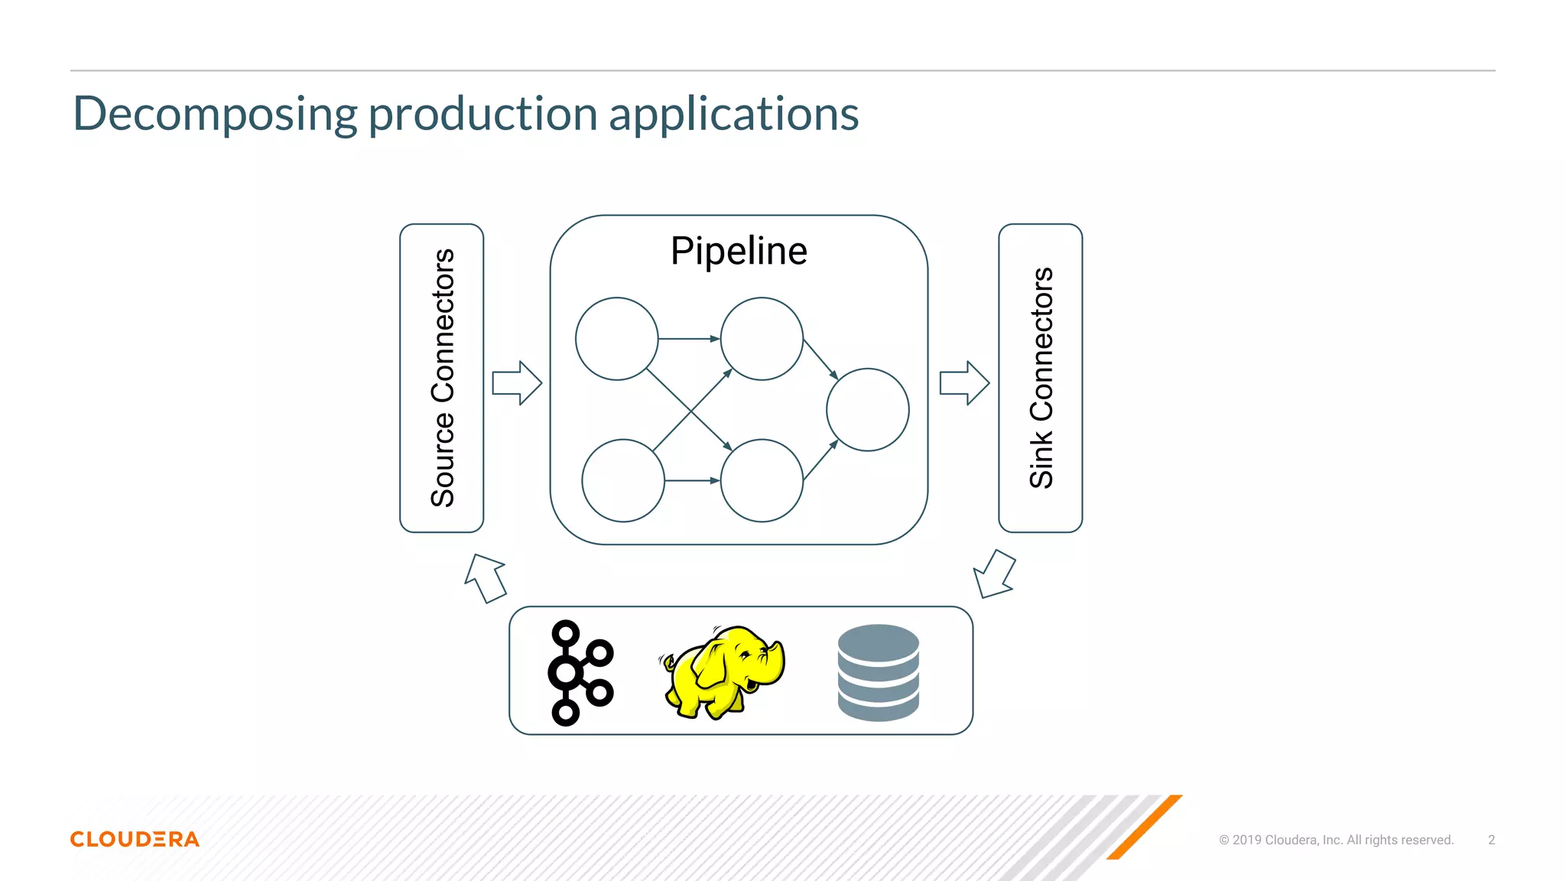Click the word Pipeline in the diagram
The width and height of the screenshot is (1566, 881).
(739, 252)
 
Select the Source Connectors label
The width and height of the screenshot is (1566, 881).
(443, 378)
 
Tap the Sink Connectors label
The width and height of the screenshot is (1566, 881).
(1041, 378)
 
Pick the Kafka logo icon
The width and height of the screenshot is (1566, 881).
(579, 673)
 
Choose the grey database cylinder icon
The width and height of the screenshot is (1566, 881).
(878, 673)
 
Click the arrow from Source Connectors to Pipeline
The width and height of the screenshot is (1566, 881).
(517, 382)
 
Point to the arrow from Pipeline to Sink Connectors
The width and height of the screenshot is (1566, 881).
(964, 382)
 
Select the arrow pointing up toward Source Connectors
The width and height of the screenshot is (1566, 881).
(486, 578)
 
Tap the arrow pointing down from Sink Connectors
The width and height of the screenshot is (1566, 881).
(994, 574)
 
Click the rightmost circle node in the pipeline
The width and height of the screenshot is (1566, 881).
(867, 410)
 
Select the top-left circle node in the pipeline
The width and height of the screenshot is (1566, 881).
(616, 339)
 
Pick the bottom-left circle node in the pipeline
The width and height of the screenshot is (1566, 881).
(623, 480)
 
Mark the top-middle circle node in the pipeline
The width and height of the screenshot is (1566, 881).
(762, 339)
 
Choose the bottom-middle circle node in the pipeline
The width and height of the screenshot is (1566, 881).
(762, 480)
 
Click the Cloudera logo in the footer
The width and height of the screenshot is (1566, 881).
(135, 839)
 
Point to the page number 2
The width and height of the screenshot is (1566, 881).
(1491, 840)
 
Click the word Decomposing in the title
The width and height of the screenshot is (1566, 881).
(215, 115)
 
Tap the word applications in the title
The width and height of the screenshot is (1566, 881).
(733, 115)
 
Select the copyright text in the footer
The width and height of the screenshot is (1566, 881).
(1336, 840)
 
